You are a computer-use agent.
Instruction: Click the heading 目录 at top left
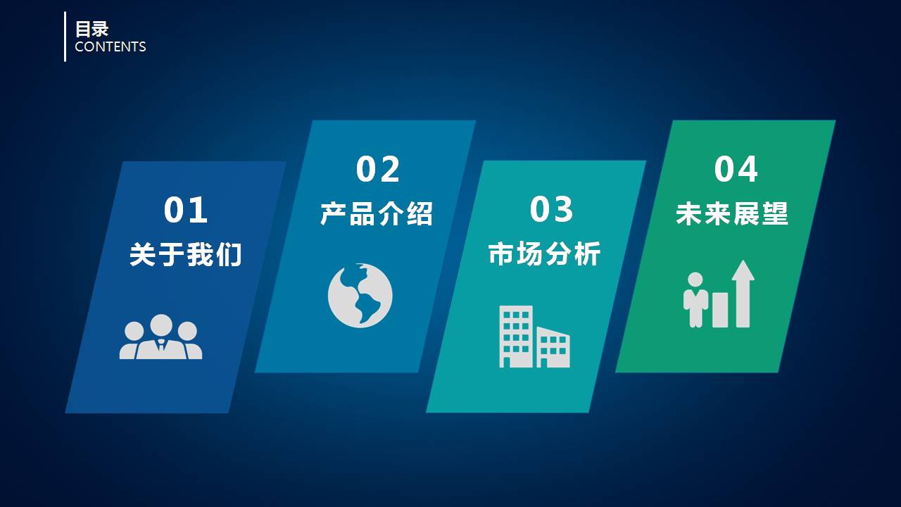point(92,29)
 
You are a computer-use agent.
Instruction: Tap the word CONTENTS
point(110,47)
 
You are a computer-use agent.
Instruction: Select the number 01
point(186,210)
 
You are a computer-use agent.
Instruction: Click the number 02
point(378,169)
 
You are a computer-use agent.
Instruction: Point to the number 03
point(552,209)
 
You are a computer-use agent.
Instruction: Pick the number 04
point(736,169)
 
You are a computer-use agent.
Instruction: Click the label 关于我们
point(186,254)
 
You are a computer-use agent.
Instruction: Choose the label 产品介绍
point(377,213)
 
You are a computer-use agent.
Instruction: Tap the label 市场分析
point(545,254)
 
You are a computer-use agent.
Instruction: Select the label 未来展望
point(732,213)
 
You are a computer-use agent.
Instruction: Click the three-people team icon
point(160,337)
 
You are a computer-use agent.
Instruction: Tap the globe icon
point(360,296)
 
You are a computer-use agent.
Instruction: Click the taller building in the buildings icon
point(516,336)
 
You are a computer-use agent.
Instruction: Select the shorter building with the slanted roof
point(553,348)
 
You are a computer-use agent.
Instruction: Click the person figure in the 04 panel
point(695,300)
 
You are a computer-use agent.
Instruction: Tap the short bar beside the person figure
point(720,310)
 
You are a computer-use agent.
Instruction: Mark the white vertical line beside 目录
point(65,37)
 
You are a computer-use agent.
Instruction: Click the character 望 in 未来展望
point(775,213)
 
